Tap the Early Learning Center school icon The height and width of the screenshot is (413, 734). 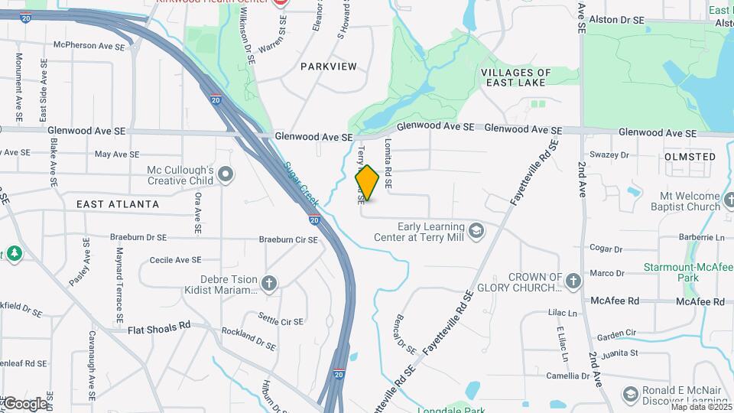pyautogui.click(x=476, y=231)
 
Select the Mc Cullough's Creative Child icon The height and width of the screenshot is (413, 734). pyautogui.click(x=226, y=175)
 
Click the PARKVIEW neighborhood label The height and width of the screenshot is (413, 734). pyautogui.click(x=328, y=67)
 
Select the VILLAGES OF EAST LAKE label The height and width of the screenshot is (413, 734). pyautogui.click(x=514, y=77)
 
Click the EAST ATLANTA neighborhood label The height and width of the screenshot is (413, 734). pyautogui.click(x=118, y=204)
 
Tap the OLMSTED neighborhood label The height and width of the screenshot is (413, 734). pyautogui.click(x=690, y=157)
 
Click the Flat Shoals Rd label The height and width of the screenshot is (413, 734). pyautogui.click(x=159, y=327)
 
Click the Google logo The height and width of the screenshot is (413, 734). pyautogui.click(x=24, y=403)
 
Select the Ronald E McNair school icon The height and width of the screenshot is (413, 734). pyautogui.click(x=630, y=394)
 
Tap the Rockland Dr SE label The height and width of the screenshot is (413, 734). pyautogui.click(x=248, y=340)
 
